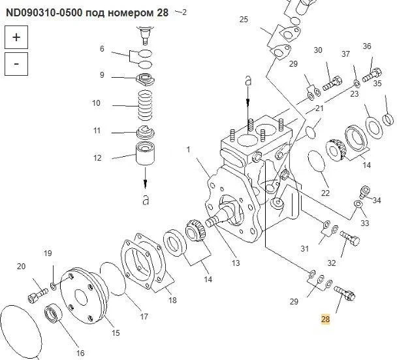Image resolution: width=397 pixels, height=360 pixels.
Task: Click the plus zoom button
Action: pyautogui.click(x=16, y=37)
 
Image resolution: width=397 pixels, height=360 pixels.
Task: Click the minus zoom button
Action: pyautogui.click(x=16, y=64)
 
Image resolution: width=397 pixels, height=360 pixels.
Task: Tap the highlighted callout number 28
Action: pyautogui.click(x=325, y=319)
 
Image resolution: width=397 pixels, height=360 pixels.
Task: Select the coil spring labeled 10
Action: pyautogui.click(x=146, y=105)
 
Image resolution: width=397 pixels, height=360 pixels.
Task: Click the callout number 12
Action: pyautogui.click(x=97, y=158)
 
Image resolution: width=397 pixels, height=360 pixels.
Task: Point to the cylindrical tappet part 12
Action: pyautogui.click(x=146, y=154)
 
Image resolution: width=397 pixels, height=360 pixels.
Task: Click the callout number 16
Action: pyautogui.click(x=80, y=353)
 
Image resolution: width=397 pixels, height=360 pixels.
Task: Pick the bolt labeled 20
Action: pyautogui.click(x=37, y=295)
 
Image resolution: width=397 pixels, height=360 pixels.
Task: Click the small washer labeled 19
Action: pyautogui.click(x=54, y=286)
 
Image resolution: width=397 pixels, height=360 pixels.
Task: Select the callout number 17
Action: pyautogui.click(x=144, y=316)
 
